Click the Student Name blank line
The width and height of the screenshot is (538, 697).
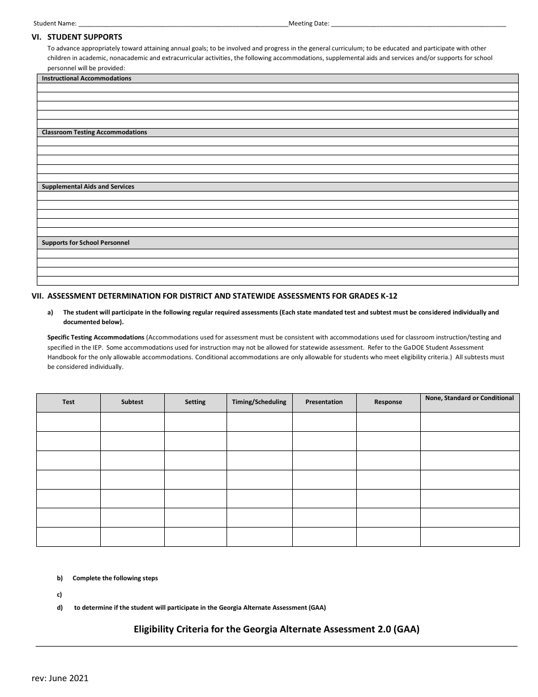tap(182, 24)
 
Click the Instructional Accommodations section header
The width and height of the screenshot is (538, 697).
tap(87, 78)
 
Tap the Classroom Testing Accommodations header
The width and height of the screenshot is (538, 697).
tap(94, 132)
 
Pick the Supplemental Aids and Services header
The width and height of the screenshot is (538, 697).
tap(88, 186)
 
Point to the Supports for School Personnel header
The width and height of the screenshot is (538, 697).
tap(86, 243)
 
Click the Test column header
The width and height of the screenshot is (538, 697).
tap(69, 402)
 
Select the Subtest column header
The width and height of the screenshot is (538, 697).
tap(132, 402)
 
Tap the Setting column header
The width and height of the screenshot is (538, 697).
tap(195, 402)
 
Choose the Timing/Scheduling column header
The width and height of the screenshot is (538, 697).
tap(259, 402)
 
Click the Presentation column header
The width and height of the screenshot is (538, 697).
tap(324, 402)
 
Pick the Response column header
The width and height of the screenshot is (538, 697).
tap(388, 402)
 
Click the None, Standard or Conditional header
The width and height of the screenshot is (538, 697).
tap(469, 398)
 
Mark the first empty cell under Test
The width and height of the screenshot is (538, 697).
tap(69, 422)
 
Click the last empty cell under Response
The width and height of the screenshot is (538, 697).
tap(388, 537)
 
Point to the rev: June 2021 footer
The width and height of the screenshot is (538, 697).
tap(60, 678)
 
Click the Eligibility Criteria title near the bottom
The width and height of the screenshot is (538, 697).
tap(276, 628)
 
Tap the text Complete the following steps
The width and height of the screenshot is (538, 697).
tap(115, 578)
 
